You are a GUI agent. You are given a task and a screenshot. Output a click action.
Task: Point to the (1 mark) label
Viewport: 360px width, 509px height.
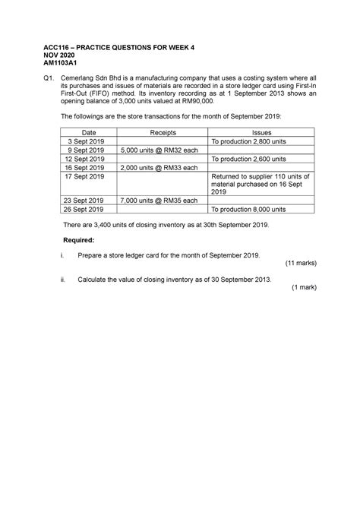(x=303, y=289)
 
